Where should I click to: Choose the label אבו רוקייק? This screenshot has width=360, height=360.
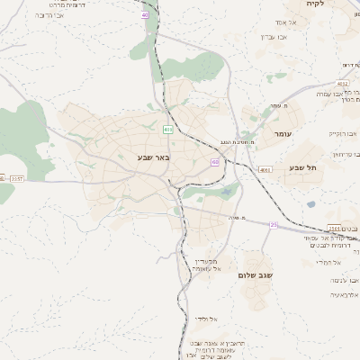click(x=343, y=133)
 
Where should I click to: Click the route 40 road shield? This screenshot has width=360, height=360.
click(x=145, y=15)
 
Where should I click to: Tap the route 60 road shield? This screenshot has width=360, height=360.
click(x=215, y=162)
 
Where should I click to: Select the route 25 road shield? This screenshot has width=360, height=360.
click(x=273, y=224)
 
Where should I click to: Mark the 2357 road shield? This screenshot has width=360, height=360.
click(x=16, y=179)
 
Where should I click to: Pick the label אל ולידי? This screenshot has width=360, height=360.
click(x=204, y=319)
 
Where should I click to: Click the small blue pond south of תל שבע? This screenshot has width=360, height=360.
click(x=310, y=204)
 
